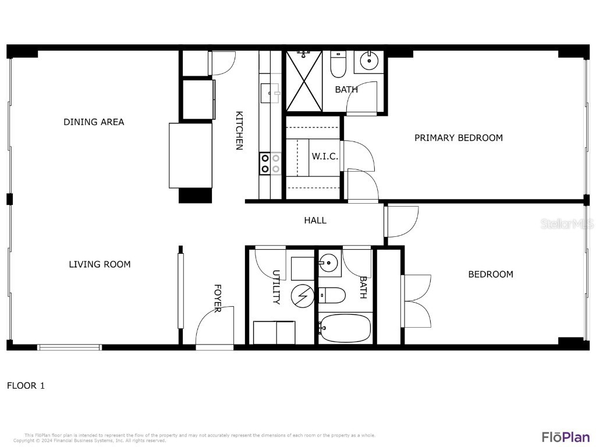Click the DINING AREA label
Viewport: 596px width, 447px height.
[x=94, y=122]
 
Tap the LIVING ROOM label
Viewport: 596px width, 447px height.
[x=100, y=264]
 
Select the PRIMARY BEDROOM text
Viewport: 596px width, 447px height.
[x=458, y=138]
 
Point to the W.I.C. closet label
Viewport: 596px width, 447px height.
[x=325, y=157]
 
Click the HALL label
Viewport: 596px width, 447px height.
[x=315, y=220]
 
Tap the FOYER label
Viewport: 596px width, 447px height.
[x=217, y=298]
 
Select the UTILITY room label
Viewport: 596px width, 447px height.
[x=276, y=288]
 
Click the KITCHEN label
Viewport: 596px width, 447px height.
[x=239, y=131]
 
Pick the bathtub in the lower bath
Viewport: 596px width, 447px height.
[x=345, y=328]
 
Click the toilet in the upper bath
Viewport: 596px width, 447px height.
[x=338, y=65]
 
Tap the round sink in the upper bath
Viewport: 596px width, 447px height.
[x=368, y=60]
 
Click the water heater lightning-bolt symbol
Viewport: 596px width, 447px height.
[x=303, y=296]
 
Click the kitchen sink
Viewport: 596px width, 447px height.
[x=271, y=92]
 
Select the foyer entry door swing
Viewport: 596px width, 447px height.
[x=214, y=327]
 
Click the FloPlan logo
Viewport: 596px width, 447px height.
[x=565, y=437]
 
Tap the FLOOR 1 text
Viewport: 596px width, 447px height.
[x=26, y=385]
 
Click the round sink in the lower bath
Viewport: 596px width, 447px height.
[x=329, y=263]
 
